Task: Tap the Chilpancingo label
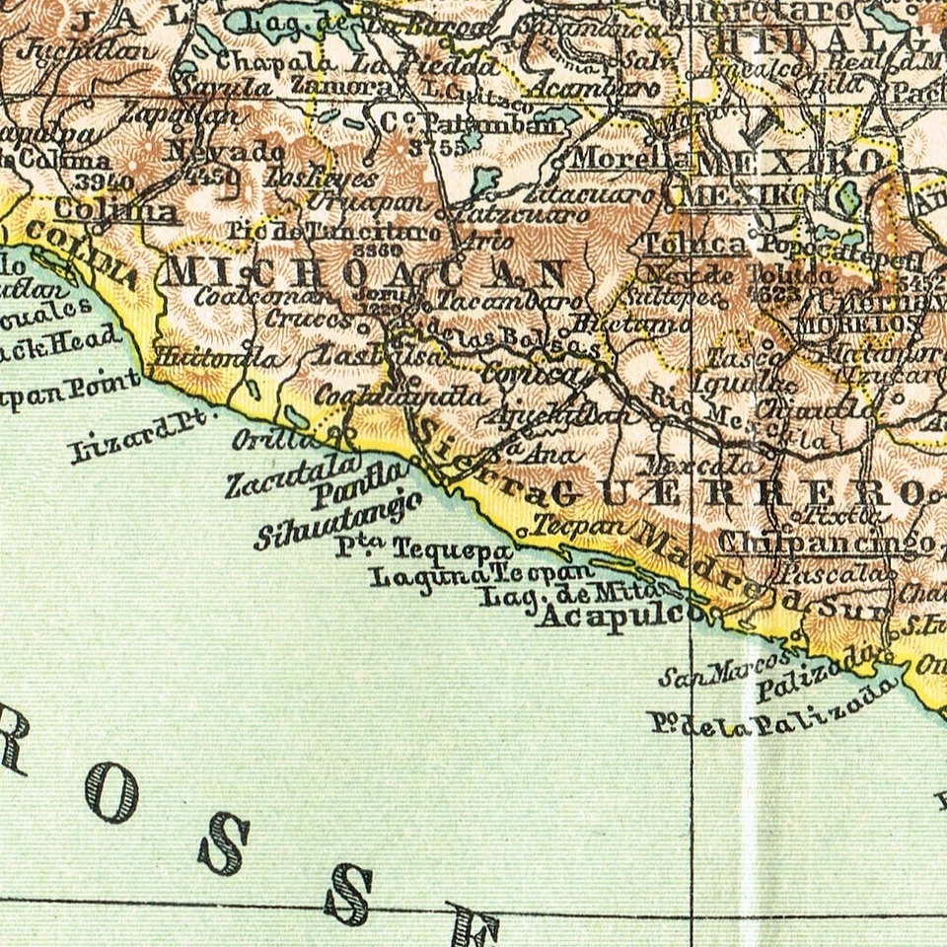click(826, 543)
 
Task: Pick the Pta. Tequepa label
click(423, 548)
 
